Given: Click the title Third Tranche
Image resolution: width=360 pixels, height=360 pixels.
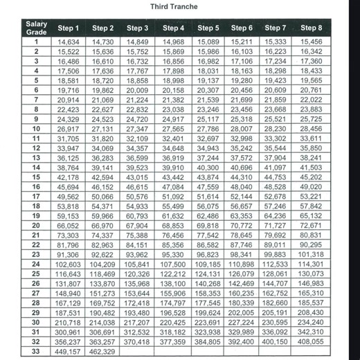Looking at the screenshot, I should (x=174, y=7).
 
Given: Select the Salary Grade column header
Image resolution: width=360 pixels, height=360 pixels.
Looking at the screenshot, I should (x=36, y=28).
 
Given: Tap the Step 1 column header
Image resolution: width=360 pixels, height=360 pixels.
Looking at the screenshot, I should (x=69, y=28).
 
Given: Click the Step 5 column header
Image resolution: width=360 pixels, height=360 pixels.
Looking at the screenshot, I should (x=208, y=28).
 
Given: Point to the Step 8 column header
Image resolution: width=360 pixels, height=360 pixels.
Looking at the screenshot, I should (x=312, y=28).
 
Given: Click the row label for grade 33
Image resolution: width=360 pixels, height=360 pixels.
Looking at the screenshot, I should (x=36, y=351).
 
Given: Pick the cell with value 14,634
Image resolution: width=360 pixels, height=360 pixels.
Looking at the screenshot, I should (x=69, y=42).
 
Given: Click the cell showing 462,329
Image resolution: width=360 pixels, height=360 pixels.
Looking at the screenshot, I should (x=102, y=351).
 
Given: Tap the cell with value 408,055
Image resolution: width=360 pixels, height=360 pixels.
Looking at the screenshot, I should (x=312, y=341).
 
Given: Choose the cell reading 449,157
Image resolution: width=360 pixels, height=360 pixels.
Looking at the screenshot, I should (x=69, y=351).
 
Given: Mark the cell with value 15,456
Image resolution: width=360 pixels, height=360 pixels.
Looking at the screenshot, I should (x=312, y=42).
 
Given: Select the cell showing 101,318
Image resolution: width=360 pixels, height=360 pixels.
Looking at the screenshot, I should (x=312, y=254).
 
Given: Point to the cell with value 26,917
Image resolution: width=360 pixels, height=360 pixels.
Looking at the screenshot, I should (x=69, y=129).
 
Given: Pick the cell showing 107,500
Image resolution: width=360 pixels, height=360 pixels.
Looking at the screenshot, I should (x=173, y=264).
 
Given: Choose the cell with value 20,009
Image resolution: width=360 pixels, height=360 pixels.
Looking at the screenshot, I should (x=137, y=90).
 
